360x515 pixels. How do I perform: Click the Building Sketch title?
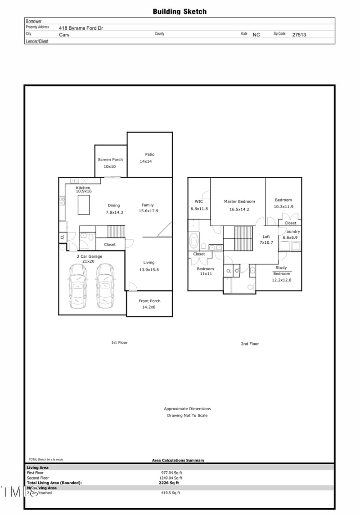tap(180, 12)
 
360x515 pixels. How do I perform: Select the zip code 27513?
tap(299, 35)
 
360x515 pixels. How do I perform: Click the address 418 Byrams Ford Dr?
tap(81, 28)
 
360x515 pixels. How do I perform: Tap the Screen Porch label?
tap(110, 160)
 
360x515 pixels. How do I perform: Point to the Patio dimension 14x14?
tap(146, 161)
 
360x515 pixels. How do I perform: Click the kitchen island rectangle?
tap(84, 206)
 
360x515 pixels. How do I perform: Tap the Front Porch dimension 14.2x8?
tap(149, 308)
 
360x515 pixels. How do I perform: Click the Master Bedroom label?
tap(239, 202)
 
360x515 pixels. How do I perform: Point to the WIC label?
tap(198, 202)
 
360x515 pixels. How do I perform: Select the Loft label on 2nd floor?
tap(266, 237)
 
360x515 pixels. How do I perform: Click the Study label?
tap(281, 268)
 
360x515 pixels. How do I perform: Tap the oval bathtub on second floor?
tap(194, 241)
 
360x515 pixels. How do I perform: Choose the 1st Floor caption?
tap(119, 343)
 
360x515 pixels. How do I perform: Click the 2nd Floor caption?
tap(250, 344)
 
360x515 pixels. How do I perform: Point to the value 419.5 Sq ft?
tap(171, 493)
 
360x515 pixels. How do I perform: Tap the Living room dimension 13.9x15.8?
tap(149, 270)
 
